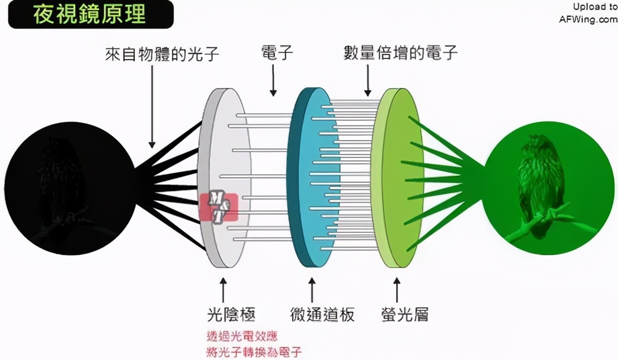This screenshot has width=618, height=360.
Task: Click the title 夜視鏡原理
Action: point(89,14)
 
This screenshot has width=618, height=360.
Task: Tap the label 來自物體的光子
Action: point(162,54)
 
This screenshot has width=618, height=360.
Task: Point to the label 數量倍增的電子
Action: point(400,53)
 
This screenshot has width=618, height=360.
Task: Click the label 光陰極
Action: point(231,315)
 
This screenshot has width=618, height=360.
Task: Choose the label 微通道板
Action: point(322,315)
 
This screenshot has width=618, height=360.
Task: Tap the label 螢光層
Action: point(405,315)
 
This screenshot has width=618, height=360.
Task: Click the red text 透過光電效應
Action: point(242,337)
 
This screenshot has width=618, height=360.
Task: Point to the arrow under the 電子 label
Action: point(273,80)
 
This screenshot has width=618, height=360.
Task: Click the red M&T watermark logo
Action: point(219,207)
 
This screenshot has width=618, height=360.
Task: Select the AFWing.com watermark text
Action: point(588,20)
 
